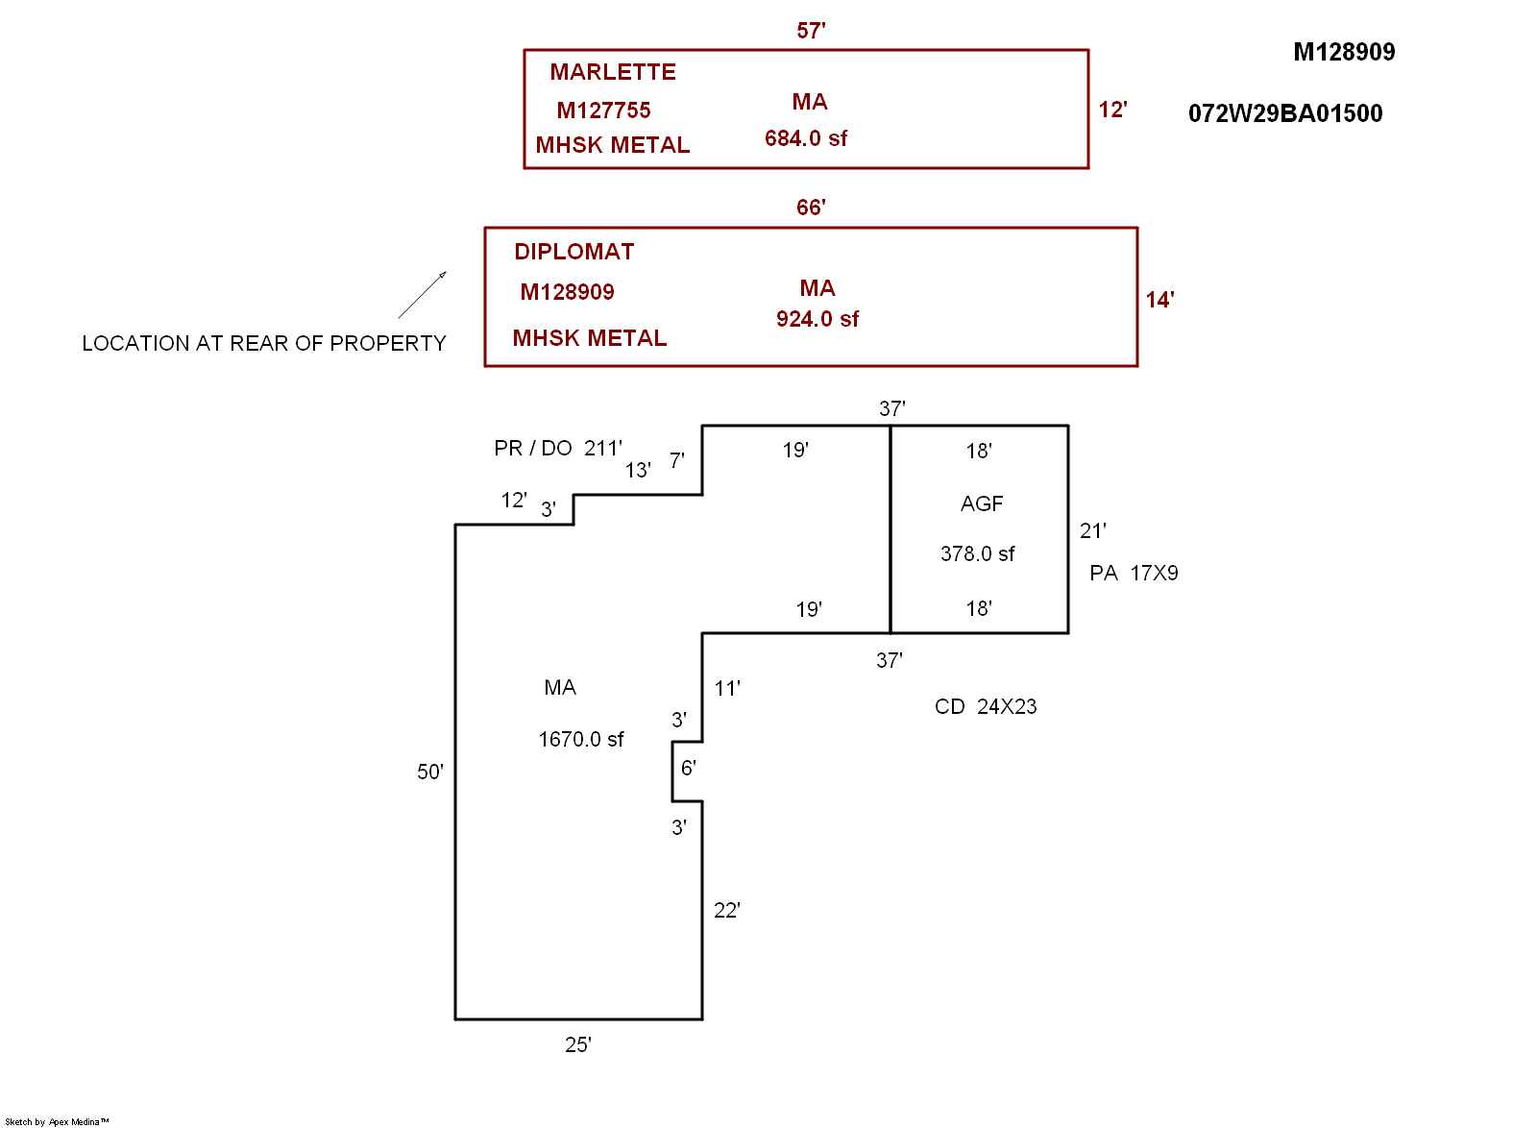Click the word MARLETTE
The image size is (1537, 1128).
tap(613, 72)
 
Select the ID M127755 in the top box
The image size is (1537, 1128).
tap(603, 110)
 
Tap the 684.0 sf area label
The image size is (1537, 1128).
tap(806, 138)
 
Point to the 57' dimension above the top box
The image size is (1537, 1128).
tap(811, 31)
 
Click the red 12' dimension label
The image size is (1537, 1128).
tap(1112, 110)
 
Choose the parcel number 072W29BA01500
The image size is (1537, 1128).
tap(1285, 113)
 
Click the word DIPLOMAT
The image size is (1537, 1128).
tap(574, 252)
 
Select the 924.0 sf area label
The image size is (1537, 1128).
tap(817, 319)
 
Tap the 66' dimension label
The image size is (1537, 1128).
tap(811, 208)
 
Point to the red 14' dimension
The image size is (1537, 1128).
tap(1159, 300)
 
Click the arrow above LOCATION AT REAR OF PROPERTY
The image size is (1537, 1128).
tap(423, 294)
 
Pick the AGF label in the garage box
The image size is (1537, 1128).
tap(982, 503)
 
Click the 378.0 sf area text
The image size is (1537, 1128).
tap(977, 553)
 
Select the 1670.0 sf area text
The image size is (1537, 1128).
tap(580, 739)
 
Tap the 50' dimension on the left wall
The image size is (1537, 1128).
tap(429, 772)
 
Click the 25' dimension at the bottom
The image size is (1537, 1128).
tap(578, 1044)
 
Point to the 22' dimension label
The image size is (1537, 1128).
tap(727, 910)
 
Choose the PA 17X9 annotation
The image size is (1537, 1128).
tap(1134, 573)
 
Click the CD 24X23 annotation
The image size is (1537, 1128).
tap(986, 706)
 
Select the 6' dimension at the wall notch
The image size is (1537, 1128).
tap(688, 768)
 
